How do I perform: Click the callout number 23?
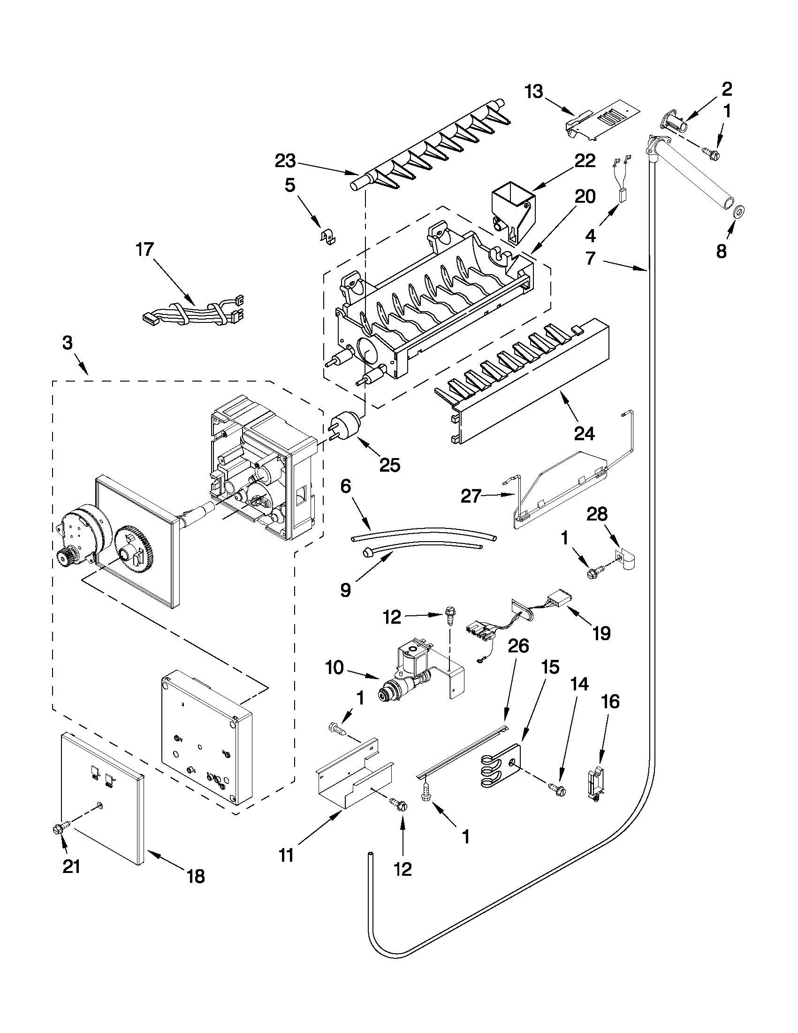[x=285, y=161]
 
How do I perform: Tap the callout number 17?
[x=144, y=249]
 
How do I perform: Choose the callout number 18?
[x=196, y=876]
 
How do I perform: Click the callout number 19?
[x=601, y=633]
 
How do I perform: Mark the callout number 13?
[x=534, y=92]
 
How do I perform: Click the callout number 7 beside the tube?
[x=591, y=259]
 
